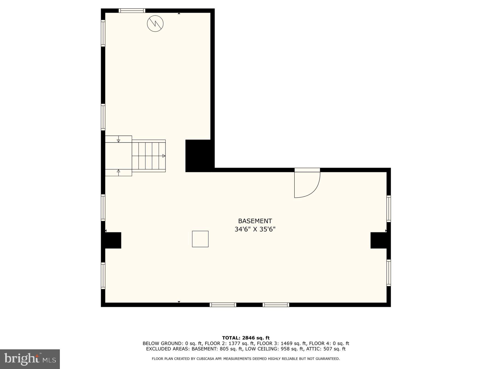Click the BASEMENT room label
255,221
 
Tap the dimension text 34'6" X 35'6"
255,229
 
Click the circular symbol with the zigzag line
155,24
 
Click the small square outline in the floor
200,239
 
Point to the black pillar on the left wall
113,240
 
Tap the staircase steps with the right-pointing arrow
149,156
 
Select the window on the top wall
132,11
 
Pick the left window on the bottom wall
223,305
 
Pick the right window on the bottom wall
276,305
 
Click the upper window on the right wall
388,209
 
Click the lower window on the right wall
388,273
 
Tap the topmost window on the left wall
103,33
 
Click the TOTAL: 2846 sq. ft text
245,338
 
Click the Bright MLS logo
30,359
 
